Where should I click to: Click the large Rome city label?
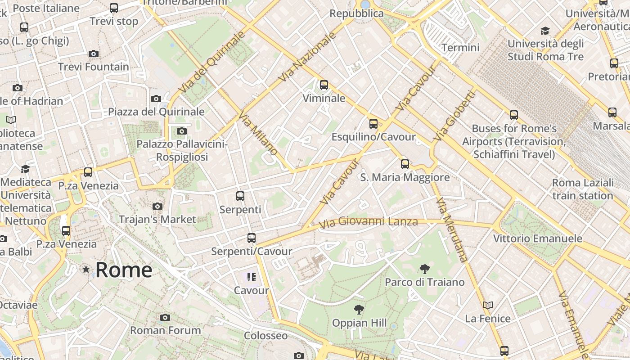tap(124, 270)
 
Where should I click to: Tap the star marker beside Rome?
tap(85, 270)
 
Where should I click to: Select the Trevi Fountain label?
tap(94, 67)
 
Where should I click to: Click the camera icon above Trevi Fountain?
tap(94, 54)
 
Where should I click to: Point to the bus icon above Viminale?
tap(324, 85)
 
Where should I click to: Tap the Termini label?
tap(460, 48)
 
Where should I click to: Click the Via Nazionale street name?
tap(308, 57)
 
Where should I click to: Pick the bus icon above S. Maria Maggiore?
tap(405, 164)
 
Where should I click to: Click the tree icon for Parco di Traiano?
tap(424, 269)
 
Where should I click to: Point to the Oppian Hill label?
tap(359, 323)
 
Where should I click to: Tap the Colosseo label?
tap(265, 336)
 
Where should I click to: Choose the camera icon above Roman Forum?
tap(165, 317)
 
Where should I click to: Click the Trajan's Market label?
tap(157, 220)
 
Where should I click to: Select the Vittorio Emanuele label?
tap(538, 238)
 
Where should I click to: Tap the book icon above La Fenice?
tap(488, 306)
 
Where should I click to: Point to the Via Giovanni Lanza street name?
tap(368, 222)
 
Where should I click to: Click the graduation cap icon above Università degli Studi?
tap(545, 31)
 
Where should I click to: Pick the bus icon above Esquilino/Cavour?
tap(373, 124)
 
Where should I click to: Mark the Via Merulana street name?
tap(452, 229)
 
